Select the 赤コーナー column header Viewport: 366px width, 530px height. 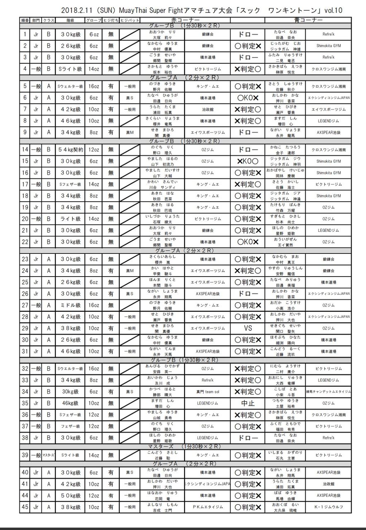click(185, 20)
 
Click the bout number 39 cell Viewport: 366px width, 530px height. click(25, 455)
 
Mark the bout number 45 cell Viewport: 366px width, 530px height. click(25, 507)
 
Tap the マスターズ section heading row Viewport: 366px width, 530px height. click(185, 446)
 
